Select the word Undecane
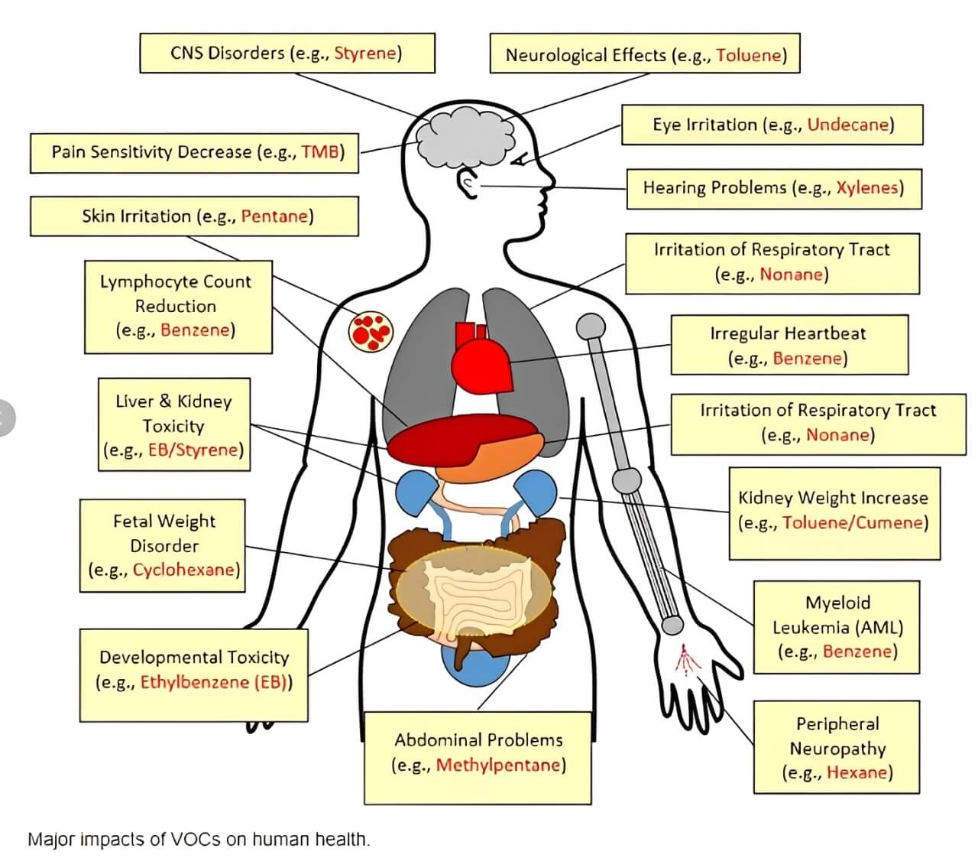848,125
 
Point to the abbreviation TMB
320,151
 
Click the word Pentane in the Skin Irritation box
274,216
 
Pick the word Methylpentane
498,765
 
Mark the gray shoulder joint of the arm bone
590,327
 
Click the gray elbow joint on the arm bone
627,481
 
